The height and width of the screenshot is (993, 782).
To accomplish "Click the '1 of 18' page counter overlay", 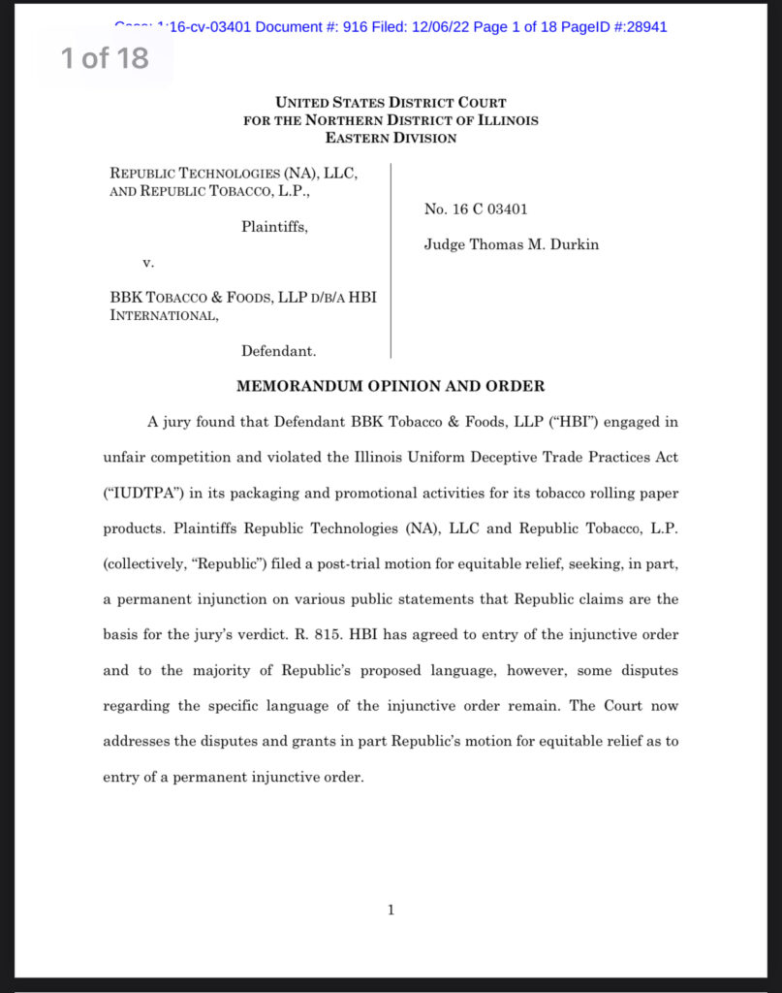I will (x=105, y=58).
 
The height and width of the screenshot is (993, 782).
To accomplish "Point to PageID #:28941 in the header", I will (x=619, y=27).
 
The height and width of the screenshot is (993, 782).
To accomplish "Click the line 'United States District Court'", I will (x=391, y=103).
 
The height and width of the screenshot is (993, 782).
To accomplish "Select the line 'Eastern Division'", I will (x=391, y=138).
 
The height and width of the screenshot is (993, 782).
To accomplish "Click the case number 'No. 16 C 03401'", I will (x=476, y=209).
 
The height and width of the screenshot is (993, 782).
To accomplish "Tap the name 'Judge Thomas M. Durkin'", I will (x=511, y=244).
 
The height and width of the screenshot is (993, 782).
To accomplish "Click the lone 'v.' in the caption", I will (x=147, y=262).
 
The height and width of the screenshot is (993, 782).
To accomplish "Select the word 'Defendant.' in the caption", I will (x=279, y=351).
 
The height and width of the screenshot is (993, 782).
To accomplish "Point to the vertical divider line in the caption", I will (x=391, y=262).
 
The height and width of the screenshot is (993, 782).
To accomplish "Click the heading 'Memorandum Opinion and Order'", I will (x=391, y=386).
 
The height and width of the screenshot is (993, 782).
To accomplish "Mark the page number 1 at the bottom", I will (x=391, y=910).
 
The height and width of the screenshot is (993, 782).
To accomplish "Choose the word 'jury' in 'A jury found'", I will (x=180, y=422).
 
